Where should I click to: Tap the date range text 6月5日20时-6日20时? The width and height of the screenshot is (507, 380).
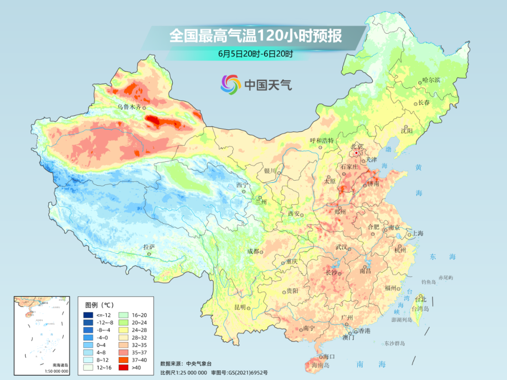coord(255,53)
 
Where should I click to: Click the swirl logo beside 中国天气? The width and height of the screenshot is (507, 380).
coord(230,84)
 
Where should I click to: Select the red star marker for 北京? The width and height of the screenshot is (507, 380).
coord(356,153)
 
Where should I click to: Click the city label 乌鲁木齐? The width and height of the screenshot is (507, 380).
coord(129,107)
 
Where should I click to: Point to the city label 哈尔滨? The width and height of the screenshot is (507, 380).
coord(431,80)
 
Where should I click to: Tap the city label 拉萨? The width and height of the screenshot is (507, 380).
coord(149,247)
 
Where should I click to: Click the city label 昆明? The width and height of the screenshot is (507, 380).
coord(239,307)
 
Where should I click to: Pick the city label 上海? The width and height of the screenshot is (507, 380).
coord(418,234)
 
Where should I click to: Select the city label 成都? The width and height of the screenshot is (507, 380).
coord(253,251)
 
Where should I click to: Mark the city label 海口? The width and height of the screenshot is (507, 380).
coord(330,357)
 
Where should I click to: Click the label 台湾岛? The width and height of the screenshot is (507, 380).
coord(420,309)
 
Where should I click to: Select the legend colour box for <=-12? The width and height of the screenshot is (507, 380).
coord(88,315)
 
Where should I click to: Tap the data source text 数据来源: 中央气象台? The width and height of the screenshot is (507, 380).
coord(183,363)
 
